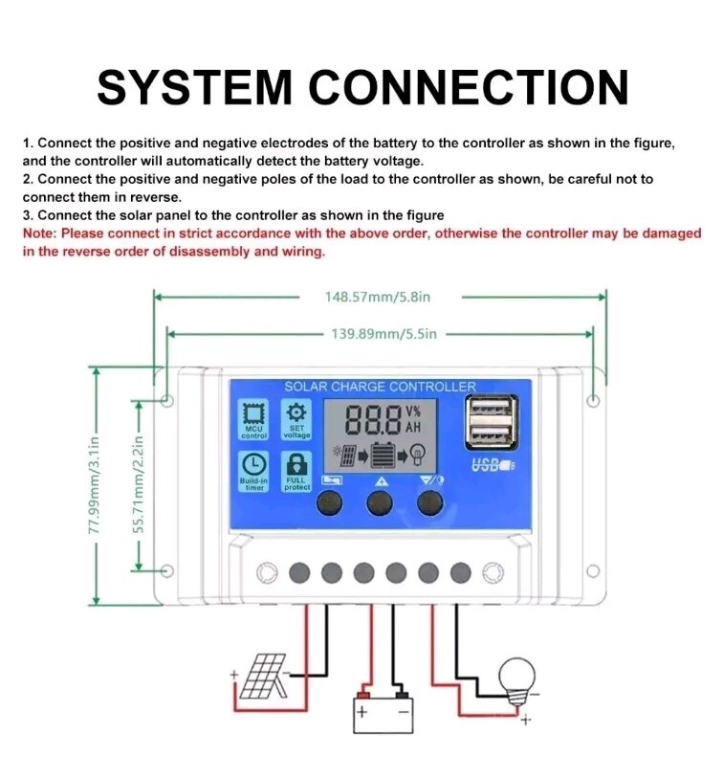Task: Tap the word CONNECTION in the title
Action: click(x=474, y=87)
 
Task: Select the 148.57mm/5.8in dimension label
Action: click(x=378, y=297)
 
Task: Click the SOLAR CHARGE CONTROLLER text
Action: click(x=380, y=387)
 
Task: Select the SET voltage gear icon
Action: click(x=296, y=413)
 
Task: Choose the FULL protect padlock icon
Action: click(x=296, y=463)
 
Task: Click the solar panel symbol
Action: click(x=259, y=679)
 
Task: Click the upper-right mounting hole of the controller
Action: click(x=594, y=401)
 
